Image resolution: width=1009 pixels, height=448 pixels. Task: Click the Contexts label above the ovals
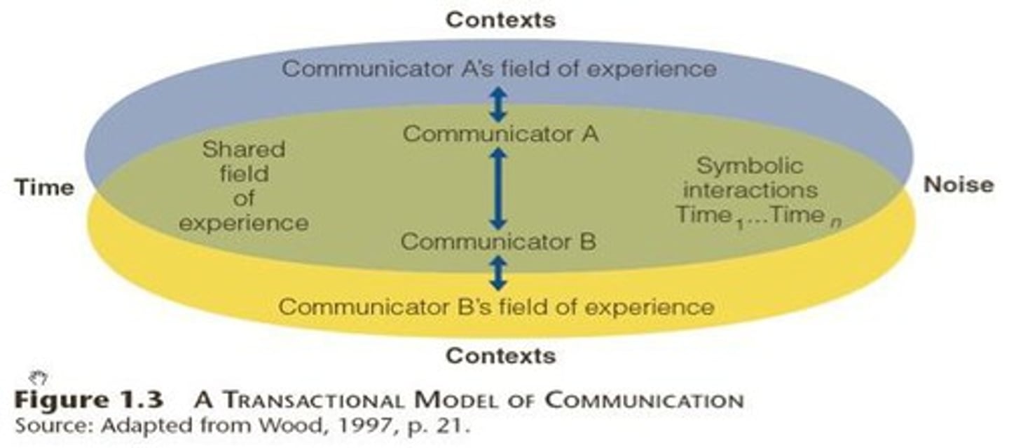pos(500,20)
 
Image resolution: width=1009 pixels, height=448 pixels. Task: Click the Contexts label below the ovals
pos(500,355)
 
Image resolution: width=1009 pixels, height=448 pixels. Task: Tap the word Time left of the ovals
pos(43,187)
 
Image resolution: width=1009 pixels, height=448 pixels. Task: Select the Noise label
pos(958,185)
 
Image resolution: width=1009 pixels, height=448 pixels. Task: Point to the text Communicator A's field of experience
pos(500,69)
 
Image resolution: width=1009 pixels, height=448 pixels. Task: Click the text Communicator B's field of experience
pos(497,307)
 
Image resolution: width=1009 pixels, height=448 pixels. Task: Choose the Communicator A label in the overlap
pos(500,133)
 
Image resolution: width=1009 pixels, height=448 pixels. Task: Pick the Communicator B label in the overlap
pos(498,242)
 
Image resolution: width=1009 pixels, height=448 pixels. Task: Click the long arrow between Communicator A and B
pos(498,188)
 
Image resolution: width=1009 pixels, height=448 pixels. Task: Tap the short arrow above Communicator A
pos(497,104)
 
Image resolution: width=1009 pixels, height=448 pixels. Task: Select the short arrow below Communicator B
pos(497,273)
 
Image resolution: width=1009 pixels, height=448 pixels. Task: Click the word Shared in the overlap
pos(244,149)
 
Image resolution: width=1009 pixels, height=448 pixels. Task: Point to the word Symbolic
pos(749,167)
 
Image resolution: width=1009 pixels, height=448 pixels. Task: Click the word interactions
pos(750,190)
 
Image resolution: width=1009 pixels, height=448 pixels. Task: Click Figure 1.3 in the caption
pos(88,401)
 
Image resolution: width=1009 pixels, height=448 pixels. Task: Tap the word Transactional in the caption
pos(311,402)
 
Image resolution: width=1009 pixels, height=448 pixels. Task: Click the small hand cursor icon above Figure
pos(39,379)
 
